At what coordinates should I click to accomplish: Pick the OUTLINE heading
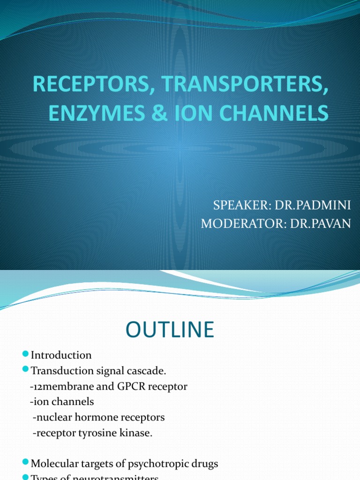(170, 330)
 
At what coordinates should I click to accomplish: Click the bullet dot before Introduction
(26, 354)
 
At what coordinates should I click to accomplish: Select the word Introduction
(61, 355)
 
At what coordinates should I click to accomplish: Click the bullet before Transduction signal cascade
(26, 370)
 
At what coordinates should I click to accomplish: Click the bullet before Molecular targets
(26, 464)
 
